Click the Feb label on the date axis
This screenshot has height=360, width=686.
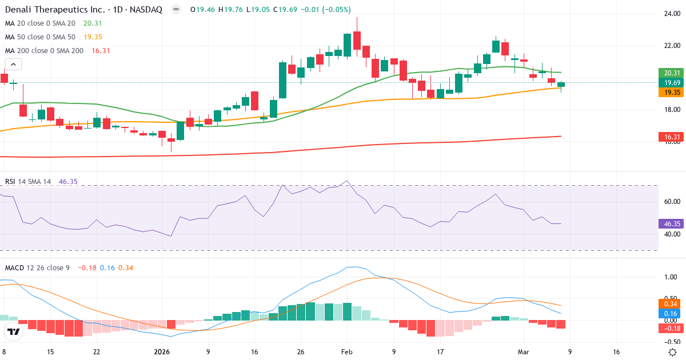[347, 352]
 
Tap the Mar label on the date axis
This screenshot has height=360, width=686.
[523, 352]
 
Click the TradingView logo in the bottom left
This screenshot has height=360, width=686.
[14, 331]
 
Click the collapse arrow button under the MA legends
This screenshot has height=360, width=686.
[13, 65]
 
